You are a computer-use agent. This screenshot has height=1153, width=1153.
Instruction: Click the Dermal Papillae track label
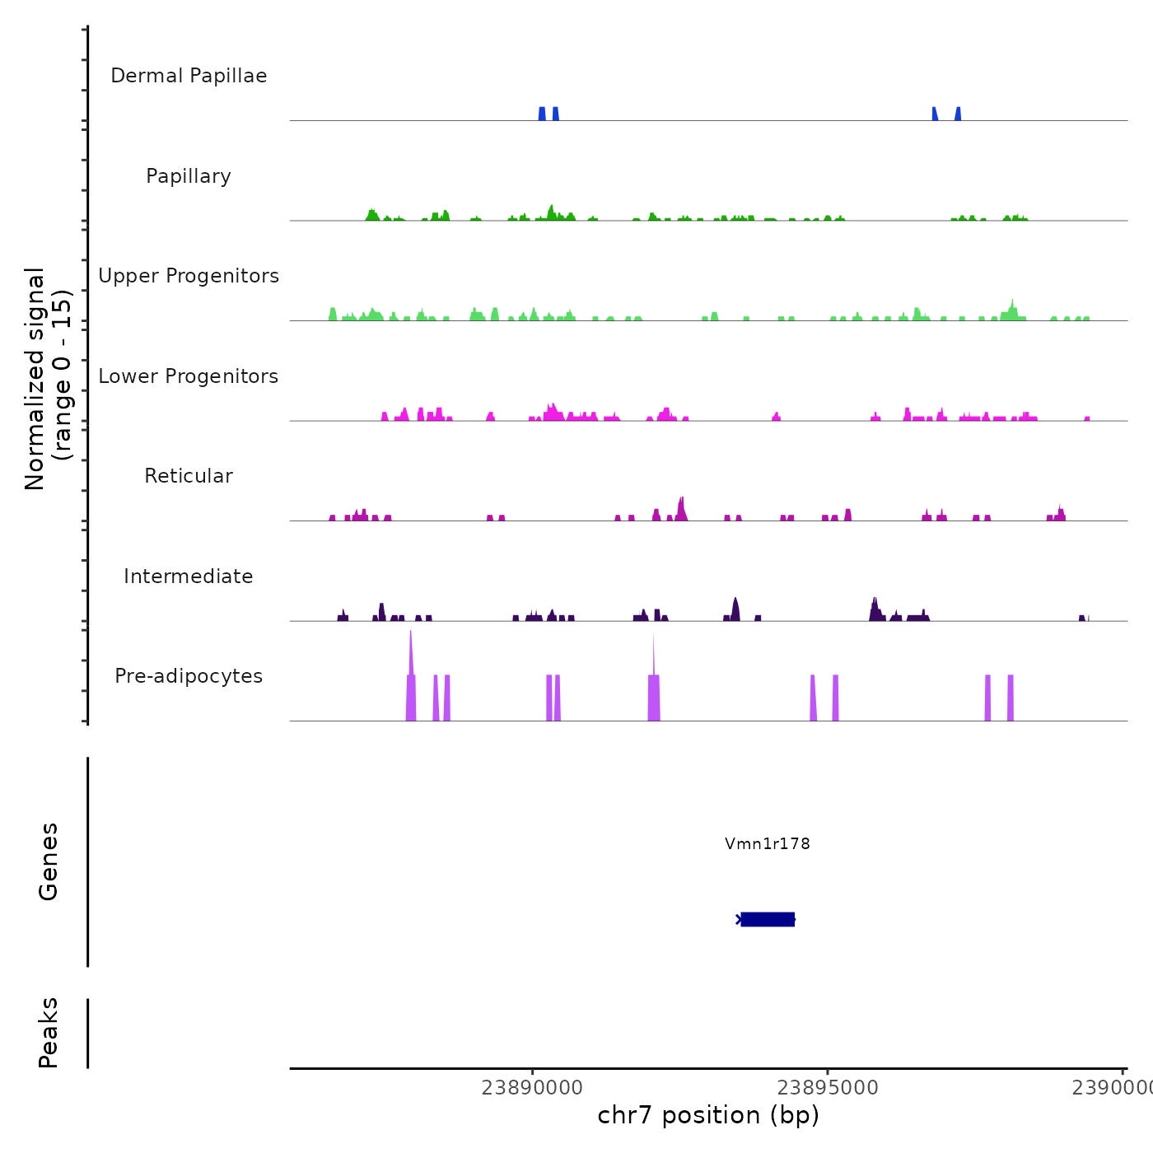tap(189, 76)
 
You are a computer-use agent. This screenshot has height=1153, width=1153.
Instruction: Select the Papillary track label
tap(189, 176)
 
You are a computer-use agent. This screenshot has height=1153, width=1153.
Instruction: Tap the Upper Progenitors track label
tap(189, 276)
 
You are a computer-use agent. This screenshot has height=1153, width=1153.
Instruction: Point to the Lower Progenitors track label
tap(189, 376)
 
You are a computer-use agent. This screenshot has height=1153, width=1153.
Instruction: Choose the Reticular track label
tap(189, 476)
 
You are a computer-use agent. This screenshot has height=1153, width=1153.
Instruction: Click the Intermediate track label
tap(189, 576)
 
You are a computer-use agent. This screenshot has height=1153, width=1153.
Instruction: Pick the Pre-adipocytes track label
tap(189, 676)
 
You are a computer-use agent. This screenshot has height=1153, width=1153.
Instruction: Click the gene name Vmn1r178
tap(768, 843)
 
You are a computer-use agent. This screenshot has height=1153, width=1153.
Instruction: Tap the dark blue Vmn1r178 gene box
tap(768, 919)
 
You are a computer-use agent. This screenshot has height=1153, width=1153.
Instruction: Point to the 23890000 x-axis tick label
tap(533, 1088)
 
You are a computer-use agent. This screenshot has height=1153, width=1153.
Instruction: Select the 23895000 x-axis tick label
tap(828, 1088)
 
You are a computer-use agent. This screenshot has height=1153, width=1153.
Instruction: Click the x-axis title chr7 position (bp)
tap(708, 1115)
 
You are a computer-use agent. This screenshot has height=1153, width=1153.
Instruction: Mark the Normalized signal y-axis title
tap(48, 378)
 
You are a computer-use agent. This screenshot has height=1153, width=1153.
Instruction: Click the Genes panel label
tap(49, 861)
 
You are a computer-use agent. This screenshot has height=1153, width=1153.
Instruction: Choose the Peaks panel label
tap(49, 1033)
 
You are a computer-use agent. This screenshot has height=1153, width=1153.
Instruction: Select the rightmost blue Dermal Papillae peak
tap(958, 114)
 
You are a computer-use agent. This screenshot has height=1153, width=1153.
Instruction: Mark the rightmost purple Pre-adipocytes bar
tap(1011, 698)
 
